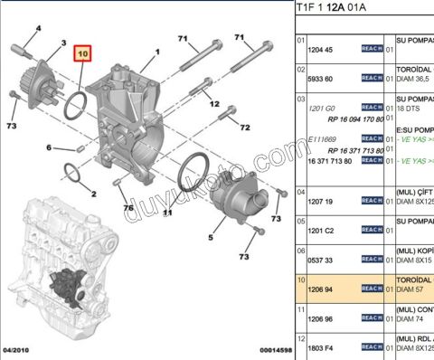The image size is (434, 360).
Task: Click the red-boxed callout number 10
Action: point(84,54)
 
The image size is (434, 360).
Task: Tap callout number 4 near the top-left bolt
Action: point(39,28)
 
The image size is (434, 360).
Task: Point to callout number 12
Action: point(215,104)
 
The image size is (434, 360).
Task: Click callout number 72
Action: point(244,128)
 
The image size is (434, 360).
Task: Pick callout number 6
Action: point(50,147)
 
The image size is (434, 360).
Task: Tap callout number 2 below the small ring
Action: point(92,193)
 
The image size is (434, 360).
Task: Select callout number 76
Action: point(127,207)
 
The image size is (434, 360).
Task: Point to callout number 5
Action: point(210,238)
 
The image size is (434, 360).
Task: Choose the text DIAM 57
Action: point(413,289)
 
